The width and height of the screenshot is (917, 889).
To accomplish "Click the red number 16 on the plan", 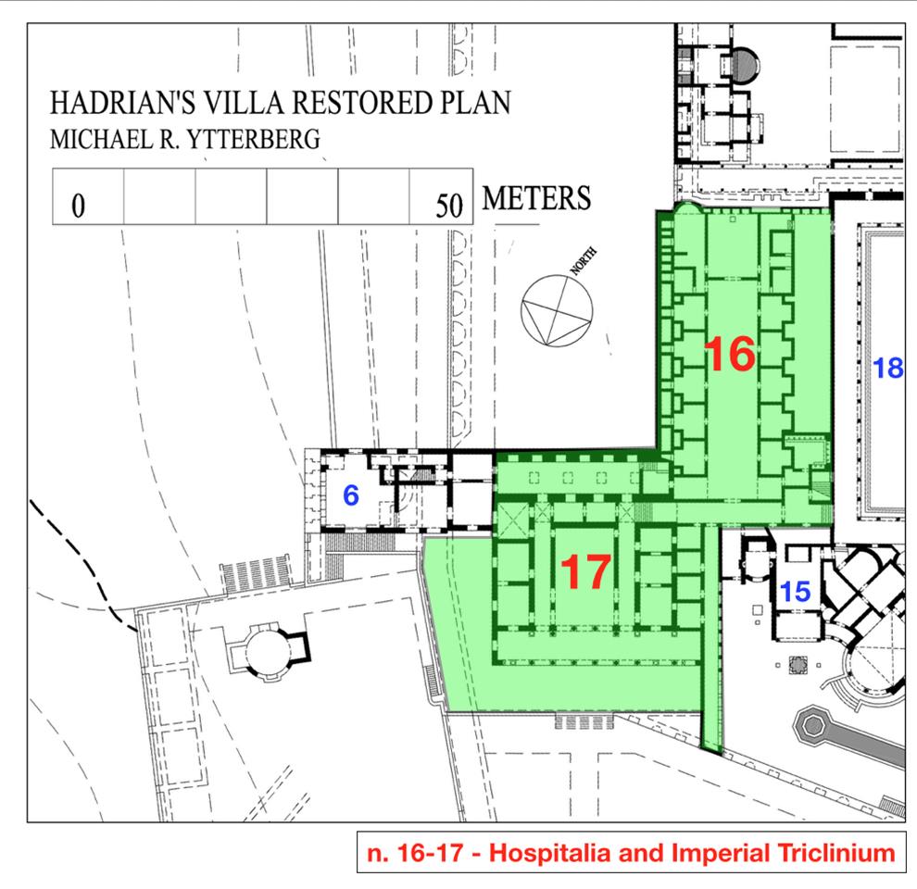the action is [x=730, y=354].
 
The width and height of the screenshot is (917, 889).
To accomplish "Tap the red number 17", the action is [x=586, y=572].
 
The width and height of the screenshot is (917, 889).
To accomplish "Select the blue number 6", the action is [x=351, y=495].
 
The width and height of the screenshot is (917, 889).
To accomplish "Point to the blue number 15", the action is [x=796, y=592].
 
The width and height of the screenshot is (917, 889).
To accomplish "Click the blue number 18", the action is [x=887, y=369].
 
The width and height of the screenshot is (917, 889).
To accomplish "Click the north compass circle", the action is [x=557, y=311].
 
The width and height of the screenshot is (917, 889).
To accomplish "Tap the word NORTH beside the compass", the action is [x=584, y=261].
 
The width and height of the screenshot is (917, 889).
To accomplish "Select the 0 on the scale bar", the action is [x=78, y=206].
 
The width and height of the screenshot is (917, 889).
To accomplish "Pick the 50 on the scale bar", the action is [x=449, y=206].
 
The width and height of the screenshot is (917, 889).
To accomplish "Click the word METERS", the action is [x=536, y=198].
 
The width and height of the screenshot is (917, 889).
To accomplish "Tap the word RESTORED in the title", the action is [x=362, y=103].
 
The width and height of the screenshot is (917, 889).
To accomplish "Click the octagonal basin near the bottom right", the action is [x=813, y=726].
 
